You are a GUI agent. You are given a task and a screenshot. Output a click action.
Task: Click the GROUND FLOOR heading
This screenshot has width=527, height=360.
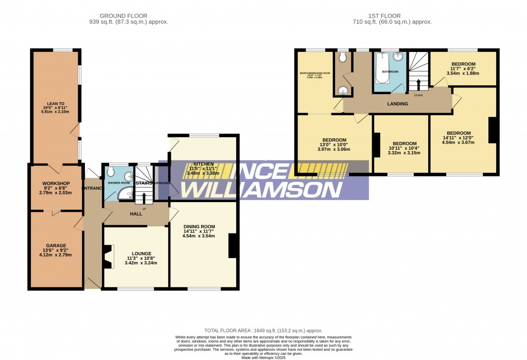[x=128, y=16]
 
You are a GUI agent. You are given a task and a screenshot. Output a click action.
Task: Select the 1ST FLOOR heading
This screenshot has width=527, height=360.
[x=392, y=16]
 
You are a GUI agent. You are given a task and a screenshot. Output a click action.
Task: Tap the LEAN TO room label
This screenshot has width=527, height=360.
[x=55, y=102]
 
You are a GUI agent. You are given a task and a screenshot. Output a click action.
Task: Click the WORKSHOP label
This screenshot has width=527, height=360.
[x=56, y=184]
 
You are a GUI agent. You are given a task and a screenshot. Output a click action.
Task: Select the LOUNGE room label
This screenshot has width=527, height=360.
[x=141, y=254]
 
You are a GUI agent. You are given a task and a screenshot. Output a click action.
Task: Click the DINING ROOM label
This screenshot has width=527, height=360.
[x=199, y=226]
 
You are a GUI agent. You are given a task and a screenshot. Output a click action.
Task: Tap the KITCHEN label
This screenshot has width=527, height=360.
[x=203, y=164]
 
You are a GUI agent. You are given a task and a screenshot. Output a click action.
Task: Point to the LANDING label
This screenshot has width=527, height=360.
[x=397, y=104]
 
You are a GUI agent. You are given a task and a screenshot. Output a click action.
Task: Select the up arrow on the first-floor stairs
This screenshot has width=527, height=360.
[x=418, y=84]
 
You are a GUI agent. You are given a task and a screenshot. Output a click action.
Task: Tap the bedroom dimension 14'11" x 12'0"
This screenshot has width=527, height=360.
[x=459, y=137]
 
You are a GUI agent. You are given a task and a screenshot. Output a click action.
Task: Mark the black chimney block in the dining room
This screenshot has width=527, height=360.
[x=232, y=245]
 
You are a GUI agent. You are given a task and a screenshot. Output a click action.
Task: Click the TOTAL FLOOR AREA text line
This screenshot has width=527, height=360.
[x=263, y=331]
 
